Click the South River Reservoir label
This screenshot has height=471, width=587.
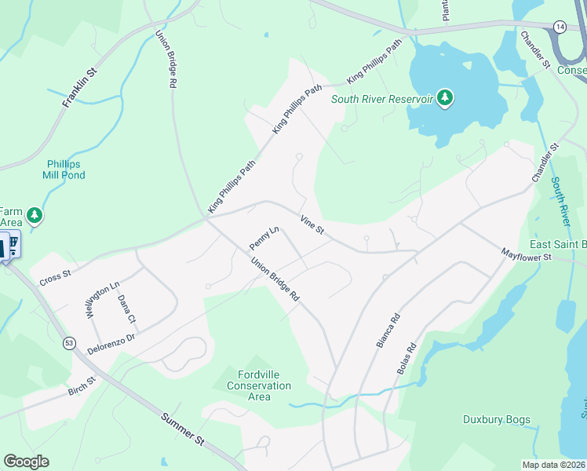pyautogui.click(x=382, y=99)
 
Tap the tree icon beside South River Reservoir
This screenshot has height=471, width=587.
pyautogui.click(x=446, y=97)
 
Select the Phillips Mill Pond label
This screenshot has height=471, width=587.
pyautogui.click(x=65, y=170)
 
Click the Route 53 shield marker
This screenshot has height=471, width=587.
pyautogui.click(x=69, y=343)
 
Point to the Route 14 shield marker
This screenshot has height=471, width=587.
pyautogui.click(x=560, y=27)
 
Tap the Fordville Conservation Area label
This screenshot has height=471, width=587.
pyautogui.click(x=259, y=385)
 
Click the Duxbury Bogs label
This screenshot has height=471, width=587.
pyautogui.click(x=496, y=419)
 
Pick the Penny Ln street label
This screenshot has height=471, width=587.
pyautogui.click(x=264, y=239)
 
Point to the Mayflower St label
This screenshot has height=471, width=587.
pyautogui.click(x=527, y=256)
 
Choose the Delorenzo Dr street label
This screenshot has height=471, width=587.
pyautogui.click(x=111, y=343)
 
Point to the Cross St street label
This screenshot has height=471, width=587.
pyautogui.click(x=56, y=277)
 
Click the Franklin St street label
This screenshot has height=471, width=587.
pyautogui.click(x=78, y=87)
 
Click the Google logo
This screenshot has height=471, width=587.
pyautogui.click(x=26, y=462)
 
